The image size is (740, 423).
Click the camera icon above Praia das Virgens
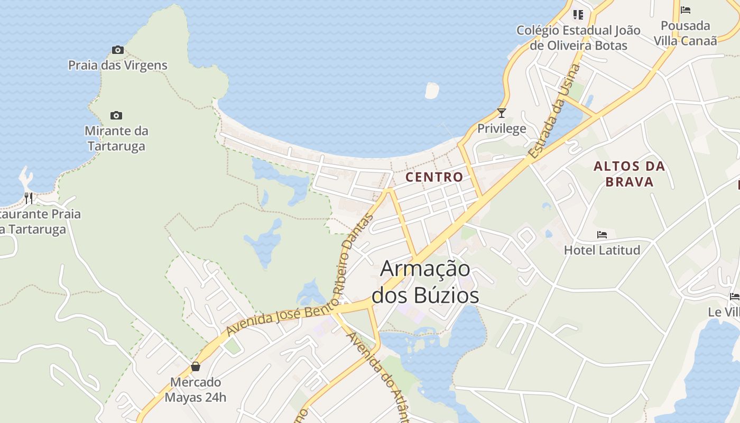pos(118,50)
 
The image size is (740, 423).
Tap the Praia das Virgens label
pos(118,66)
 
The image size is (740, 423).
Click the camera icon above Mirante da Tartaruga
pos(116,115)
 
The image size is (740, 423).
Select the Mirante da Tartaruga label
pos(116,138)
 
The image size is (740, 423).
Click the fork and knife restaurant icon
pos(29,198)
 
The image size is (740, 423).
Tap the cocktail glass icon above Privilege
pos(502,113)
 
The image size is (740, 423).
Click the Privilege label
pos(502,128)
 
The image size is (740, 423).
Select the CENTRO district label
pos(434,177)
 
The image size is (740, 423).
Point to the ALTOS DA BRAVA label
pos(629,174)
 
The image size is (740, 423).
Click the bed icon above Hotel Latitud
pos(602,235)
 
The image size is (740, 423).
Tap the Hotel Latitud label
pos(602,250)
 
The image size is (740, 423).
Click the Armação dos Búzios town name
pos(425,282)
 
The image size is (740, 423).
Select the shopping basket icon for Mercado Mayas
pos(196,366)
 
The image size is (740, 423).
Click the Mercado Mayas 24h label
pos(196,389)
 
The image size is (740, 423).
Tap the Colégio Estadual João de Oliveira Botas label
pos(578,38)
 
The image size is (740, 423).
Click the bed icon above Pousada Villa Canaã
pos(686,10)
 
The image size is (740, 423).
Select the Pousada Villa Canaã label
pos(686,33)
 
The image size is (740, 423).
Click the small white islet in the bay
pos(432,90)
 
